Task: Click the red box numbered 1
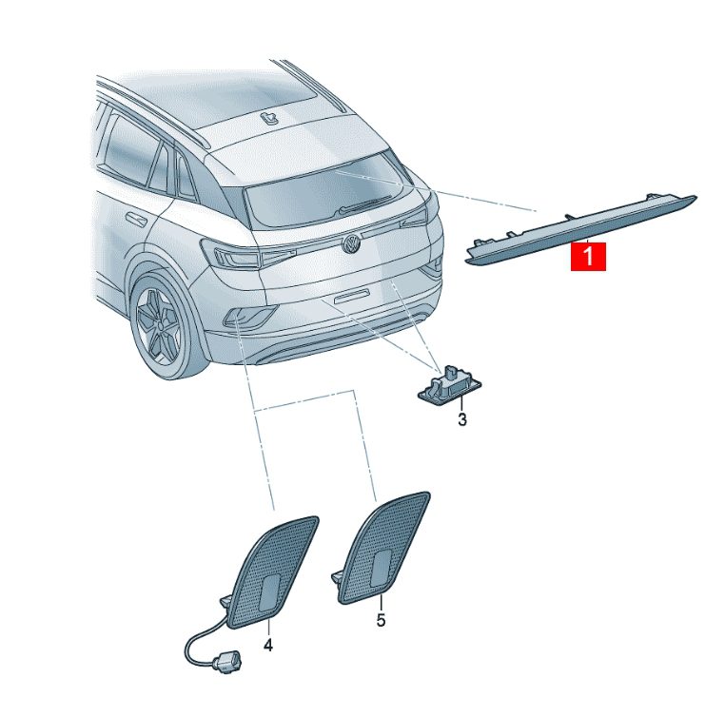[588, 257]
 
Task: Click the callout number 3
[461, 419]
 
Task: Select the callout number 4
[268, 645]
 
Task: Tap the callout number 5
[381, 620]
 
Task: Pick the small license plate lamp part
[449, 385]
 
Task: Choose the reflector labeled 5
[382, 548]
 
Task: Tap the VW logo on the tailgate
[351, 243]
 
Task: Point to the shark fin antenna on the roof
[269, 118]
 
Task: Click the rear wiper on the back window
[365, 204]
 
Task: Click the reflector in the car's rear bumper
[249, 316]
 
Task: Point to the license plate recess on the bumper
[352, 296]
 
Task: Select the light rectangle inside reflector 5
[382, 569]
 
